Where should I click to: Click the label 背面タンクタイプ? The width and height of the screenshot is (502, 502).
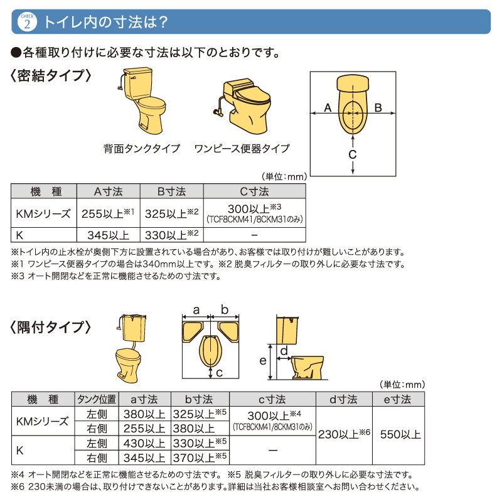click(x=142, y=149)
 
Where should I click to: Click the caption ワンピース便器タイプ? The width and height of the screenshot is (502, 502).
click(x=242, y=149)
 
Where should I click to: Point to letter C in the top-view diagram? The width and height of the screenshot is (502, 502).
click(x=353, y=154)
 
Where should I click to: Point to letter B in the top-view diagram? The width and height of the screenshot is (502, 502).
click(x=378, y=108)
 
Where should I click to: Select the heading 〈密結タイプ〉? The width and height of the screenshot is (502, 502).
click(x=51, y=76)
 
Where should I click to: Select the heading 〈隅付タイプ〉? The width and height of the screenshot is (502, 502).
click(x=51, y=327)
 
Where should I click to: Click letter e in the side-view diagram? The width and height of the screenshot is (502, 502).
click(x=263, y=361)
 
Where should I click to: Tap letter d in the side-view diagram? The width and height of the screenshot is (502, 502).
click(x=284, y=350)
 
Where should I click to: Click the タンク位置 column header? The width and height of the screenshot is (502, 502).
click(x=96, y=400)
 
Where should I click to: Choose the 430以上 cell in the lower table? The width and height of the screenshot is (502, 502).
click(x=144, y=444)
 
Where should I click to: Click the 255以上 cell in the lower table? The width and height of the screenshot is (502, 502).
click(x=144, y=429)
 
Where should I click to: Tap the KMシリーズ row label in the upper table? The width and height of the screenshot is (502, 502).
click(x=43, y=213)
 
